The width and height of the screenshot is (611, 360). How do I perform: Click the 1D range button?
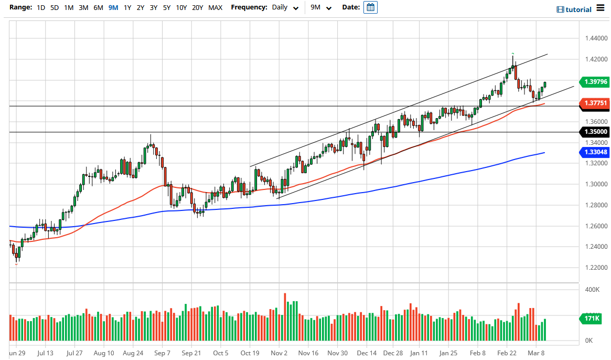point(40,8)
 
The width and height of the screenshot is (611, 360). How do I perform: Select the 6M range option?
point(98,8)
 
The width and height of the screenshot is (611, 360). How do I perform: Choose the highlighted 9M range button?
point(113,8)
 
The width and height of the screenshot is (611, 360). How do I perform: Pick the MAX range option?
point(215,8)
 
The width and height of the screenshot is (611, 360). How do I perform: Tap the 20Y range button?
point(197,8)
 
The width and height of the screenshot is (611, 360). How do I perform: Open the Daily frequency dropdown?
point(285,8)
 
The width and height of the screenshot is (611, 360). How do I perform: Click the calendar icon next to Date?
point(370,8)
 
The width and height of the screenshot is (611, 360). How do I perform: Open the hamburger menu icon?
point(601,9)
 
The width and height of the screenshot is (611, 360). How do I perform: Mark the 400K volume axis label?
point(593,290)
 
